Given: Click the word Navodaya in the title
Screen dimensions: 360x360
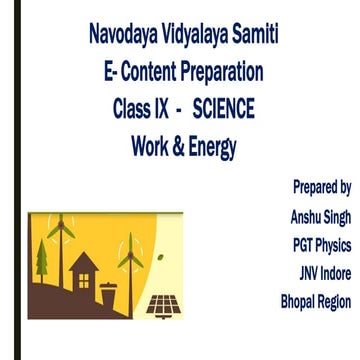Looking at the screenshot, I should coord(124,41).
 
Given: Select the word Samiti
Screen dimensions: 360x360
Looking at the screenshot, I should coord(261,41).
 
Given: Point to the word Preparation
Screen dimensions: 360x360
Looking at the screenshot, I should coord(226,73).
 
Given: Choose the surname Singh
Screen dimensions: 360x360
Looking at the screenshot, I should coord(338,216).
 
